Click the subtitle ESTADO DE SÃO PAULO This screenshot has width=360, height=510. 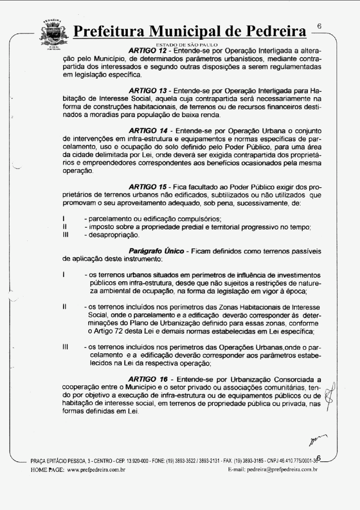pos(187,45)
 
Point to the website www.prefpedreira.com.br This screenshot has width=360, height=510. pos(96,469)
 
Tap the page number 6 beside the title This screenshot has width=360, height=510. pos(319,26)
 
